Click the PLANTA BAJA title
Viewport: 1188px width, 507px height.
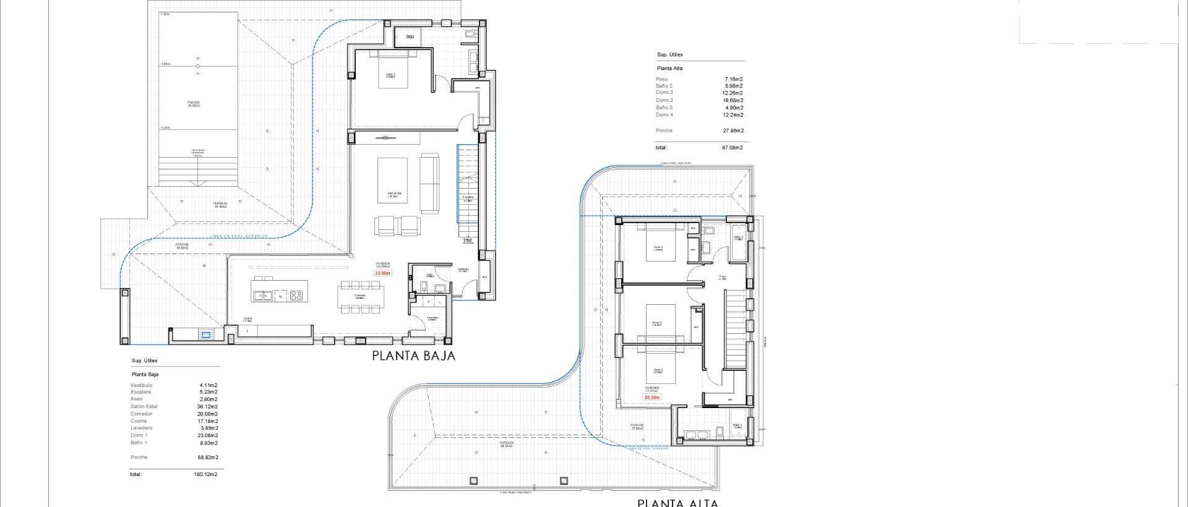pyautogui.click(x=413, y=356)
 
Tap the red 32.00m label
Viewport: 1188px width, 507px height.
pyautogui.click(x=382, y=273)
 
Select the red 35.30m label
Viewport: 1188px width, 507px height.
pyautogui.click(x=652, y=398)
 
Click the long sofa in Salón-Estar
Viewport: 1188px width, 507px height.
pyautogui.click(x=429, y=183)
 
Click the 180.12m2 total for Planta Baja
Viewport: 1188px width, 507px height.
pyautogui.click(x=205, y=475)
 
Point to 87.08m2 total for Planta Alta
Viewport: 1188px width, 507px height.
pyautogui.click(x=732, y=148)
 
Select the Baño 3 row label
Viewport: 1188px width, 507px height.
pyautogui.click(x=664, y=108)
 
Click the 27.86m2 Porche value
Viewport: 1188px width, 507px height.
pyautogui.click(x=733, y=130)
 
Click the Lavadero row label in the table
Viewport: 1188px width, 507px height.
pyautogui.click(x=142, y=428)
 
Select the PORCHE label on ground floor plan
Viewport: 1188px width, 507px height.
pyautogui.click(x=182, y=245)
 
